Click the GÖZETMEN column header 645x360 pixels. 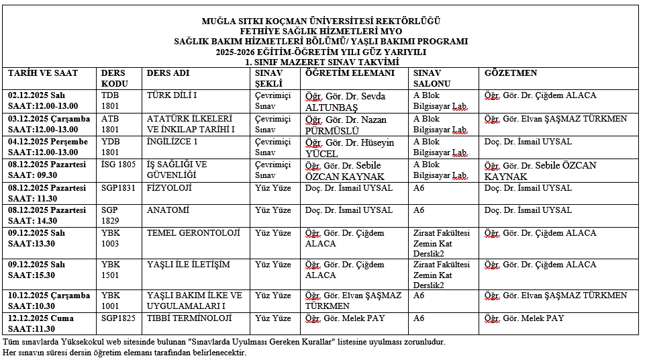click(511, 73)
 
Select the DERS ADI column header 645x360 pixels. click(168, 73)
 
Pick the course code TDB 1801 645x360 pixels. click(111, 101)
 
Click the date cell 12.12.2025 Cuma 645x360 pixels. click(40, 318)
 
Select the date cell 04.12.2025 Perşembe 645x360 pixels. click(48, 142)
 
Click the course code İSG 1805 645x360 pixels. click(118, 165)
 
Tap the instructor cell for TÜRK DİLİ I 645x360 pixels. click(345, 101)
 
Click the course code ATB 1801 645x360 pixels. click(111, 124)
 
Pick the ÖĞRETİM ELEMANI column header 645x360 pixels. click(350, 73)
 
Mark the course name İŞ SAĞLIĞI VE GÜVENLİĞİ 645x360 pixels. click(177, 170)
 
